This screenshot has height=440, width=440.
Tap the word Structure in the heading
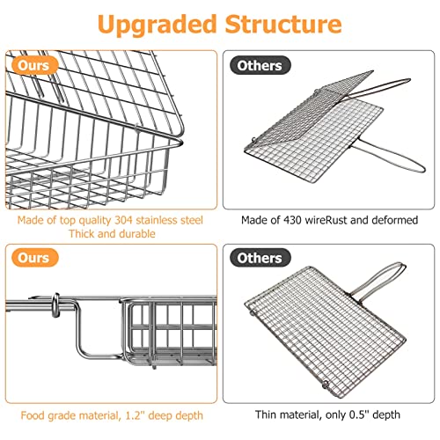point(282,24)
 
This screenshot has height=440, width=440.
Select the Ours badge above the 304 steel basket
point(35,65)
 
